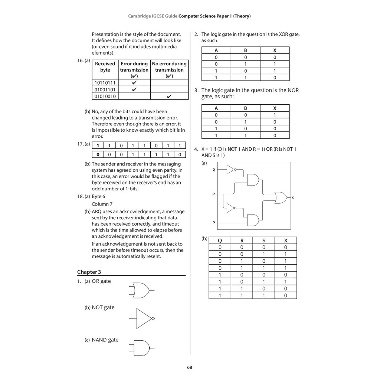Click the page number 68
click(190, 368)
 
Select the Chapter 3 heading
click(89, 272)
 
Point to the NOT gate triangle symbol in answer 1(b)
click(143, 318)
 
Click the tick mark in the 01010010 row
click(169, 96)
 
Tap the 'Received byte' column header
click(105, 67)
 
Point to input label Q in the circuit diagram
click(213, 170)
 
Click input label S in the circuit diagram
click(213, 222)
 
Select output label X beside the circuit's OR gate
click(292, 198)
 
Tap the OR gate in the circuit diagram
click(280, 198)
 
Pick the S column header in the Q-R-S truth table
click(263, 240)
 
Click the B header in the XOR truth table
click(245, 50)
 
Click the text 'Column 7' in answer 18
click(102, 204)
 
